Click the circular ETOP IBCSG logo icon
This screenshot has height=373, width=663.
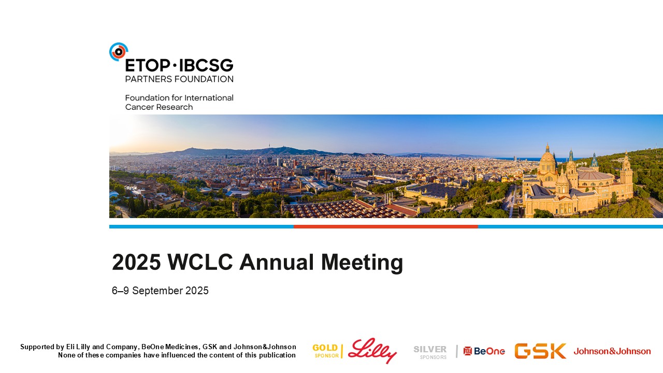[x=119, y=52]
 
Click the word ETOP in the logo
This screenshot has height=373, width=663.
[x=148, y=65]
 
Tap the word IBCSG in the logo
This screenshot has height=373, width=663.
[x=206, y=65]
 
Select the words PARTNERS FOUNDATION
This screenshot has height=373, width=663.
[x=179, y=79]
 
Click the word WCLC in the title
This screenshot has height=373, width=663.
[x=200, y=262]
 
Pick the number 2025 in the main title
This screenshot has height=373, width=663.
[x=136, y=262]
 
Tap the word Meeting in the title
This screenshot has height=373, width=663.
[x=362, y=263]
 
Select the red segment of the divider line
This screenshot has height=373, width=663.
[x=386, y=227]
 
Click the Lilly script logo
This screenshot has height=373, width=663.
[x=372, y=351]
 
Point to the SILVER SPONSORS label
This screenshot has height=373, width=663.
[x=430, y=352]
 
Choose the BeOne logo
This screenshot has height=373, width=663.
[x=484, y=351]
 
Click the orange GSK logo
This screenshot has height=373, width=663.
[x=540, y=351]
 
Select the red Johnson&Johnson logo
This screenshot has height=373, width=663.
[x=612, y=351]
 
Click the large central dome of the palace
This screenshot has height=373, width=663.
[x=547, y=160]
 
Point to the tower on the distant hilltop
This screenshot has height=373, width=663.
[x=269, y=145]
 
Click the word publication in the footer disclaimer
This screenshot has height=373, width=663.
[x=277, y=355]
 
